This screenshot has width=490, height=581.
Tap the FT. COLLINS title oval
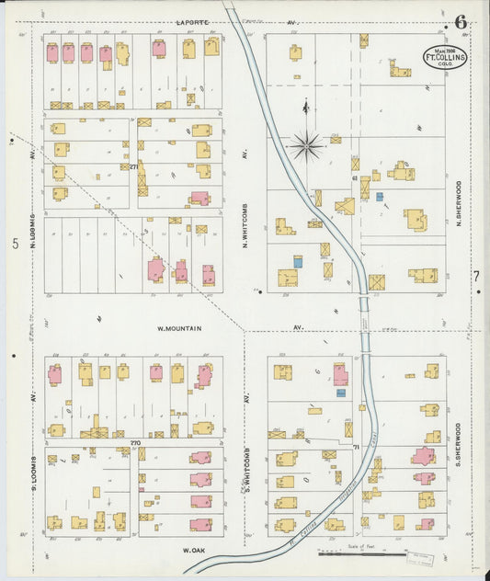click(x=444, y=56)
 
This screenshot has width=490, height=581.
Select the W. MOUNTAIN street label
click(x=179, y=327)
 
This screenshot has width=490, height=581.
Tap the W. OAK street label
click(x=193, y=550)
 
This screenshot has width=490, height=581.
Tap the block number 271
click(x=133, y=166)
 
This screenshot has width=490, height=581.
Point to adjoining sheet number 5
click(x=15, y=244)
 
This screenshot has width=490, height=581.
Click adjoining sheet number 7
click(x=476, y=276)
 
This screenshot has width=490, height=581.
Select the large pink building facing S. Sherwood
click(x=423, y=456)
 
